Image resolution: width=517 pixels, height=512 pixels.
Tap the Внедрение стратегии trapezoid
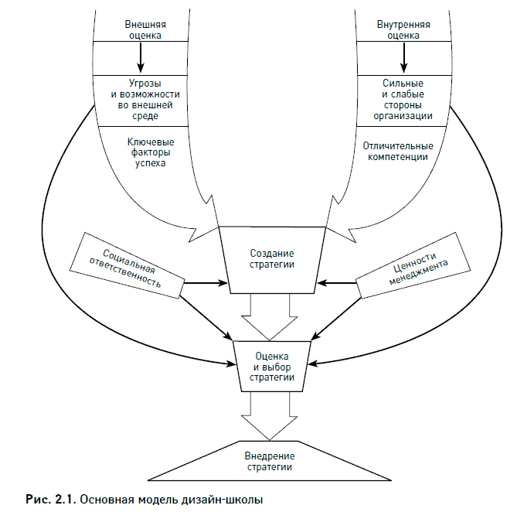point(269,461)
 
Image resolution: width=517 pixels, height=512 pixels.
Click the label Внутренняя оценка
point(403,29)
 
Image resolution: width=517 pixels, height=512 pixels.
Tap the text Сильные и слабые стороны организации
point(403,99)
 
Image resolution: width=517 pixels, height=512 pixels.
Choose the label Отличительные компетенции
point(397,152)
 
